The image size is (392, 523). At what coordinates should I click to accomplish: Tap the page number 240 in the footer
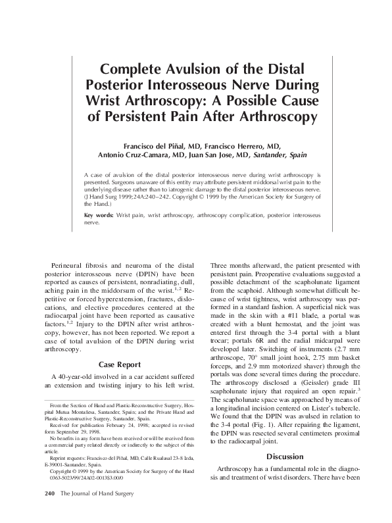click(x=49, y=511)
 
